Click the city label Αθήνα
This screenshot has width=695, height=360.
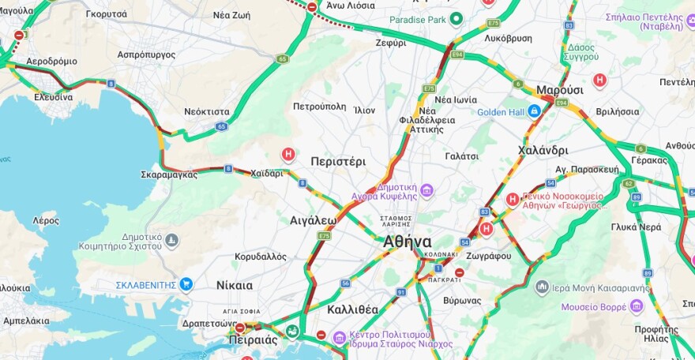click(407, 242)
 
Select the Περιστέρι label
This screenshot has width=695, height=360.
click(338, 161)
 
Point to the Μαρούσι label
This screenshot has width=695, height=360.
click(559, 90)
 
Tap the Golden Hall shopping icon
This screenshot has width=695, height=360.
click(535, 111)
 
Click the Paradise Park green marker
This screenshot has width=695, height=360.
click(456, 20)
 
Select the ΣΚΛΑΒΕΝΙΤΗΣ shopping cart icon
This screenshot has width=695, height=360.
click(186, 284)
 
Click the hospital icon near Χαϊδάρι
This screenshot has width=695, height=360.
click(289, 154)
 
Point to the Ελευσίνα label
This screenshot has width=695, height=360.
click(53, 97)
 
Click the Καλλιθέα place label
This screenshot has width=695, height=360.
click(352, 309)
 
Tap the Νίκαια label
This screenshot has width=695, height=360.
click(235, 285)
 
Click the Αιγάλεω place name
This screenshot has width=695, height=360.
click(314, 220)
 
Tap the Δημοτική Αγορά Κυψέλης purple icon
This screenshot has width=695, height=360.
click(427, 189)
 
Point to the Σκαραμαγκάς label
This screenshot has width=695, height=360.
click(169, 174)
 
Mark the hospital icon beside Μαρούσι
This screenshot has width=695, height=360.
click(600, 81)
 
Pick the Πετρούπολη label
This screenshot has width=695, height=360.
click(319, 106)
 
